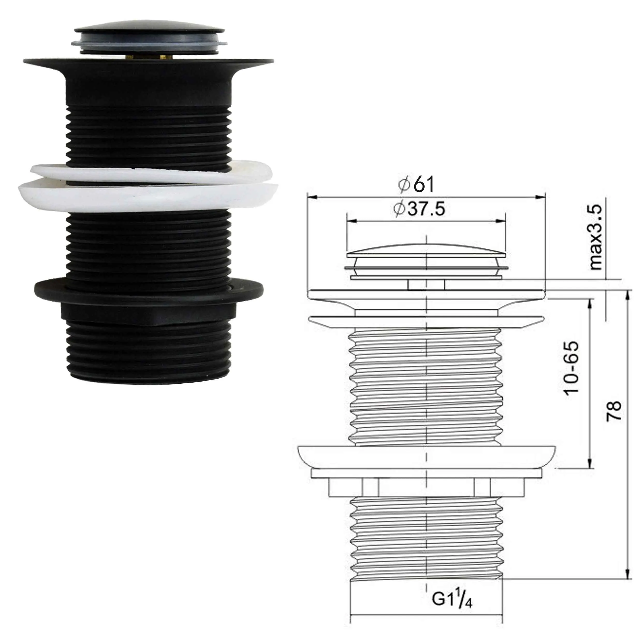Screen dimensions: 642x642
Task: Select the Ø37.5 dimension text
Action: click(419, 209)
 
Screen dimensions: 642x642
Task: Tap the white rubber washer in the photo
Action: click(146, 196)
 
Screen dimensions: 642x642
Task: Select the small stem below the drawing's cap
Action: click(426, 285)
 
